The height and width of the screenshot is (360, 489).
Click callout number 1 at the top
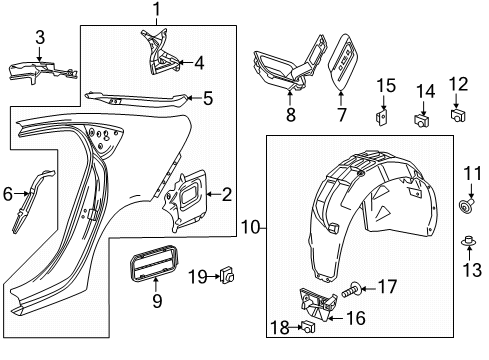(x=156, y=11)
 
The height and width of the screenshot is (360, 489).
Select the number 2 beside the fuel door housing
(x=226, y=194)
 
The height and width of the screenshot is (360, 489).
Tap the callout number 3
(x=40, y=37)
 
